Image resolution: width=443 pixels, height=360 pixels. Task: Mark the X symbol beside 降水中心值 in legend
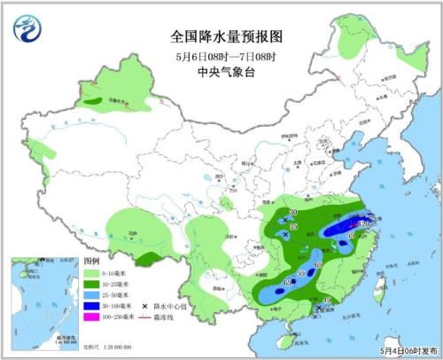145,306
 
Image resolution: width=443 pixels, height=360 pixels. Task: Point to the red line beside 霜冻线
146,317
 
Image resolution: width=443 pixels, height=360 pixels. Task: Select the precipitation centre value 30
293,214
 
